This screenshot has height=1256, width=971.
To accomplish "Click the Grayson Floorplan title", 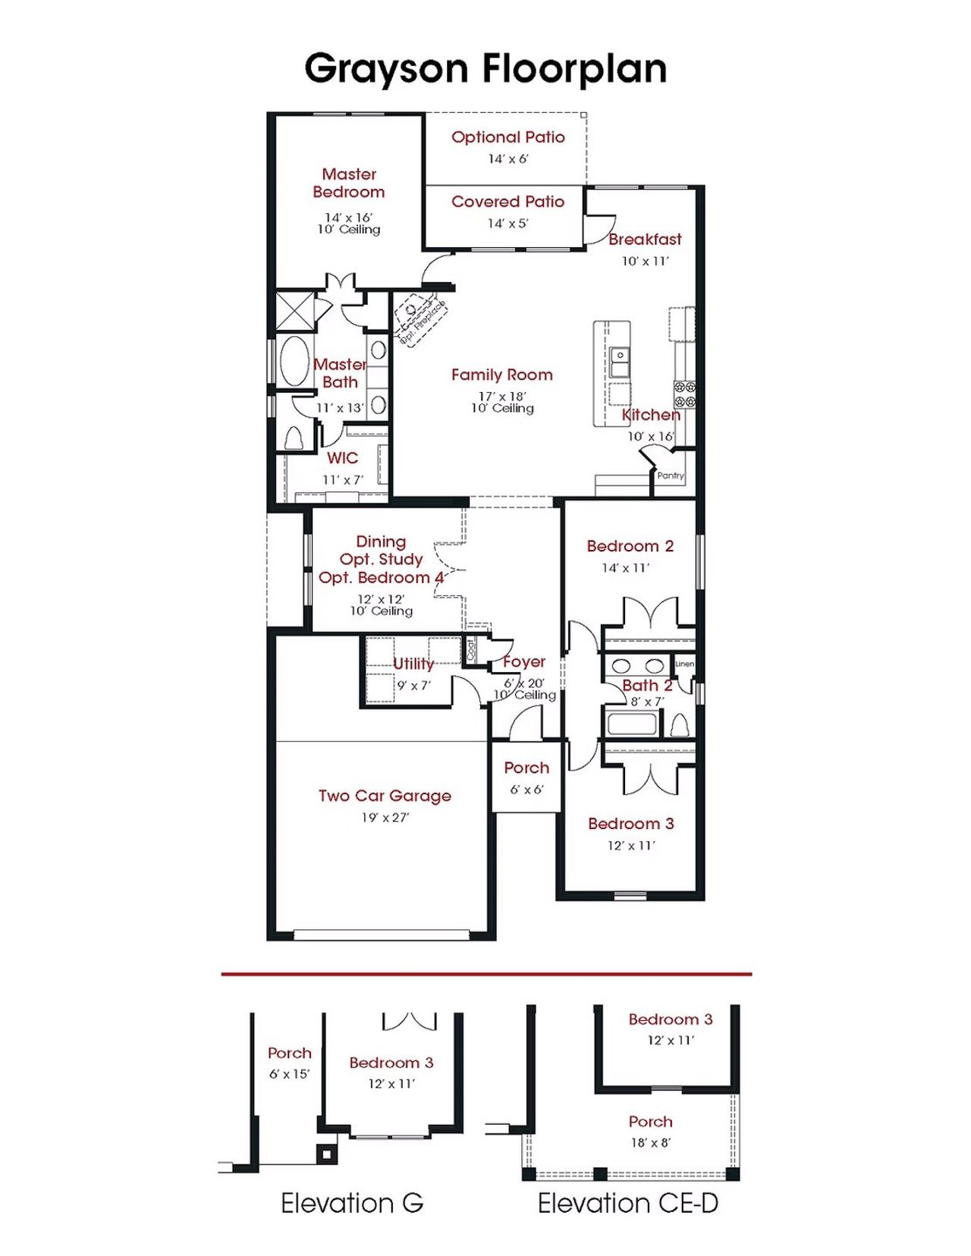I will [485, 69].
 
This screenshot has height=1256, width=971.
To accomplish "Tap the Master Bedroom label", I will [349, 183].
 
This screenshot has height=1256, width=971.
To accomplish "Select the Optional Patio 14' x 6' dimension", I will [507, 159].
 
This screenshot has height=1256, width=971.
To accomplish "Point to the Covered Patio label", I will [507, 202].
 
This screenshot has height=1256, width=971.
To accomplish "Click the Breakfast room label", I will [645, 240].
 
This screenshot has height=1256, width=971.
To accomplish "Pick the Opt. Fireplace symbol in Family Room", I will [420, 318].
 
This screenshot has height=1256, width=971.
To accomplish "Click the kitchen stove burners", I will [685, 394].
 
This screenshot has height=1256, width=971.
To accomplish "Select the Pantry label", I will [671, 476].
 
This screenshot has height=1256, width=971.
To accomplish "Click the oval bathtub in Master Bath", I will [294, 361].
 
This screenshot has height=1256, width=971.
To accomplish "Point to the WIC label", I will [342, 458].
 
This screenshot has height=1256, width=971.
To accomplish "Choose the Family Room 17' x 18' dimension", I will [502, 396].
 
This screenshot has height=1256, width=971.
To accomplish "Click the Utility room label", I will [413, 664].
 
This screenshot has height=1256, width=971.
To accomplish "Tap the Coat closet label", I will [470, 649].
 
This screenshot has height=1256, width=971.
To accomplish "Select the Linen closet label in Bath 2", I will [684, 664].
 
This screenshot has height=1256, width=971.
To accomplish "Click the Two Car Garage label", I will [385, 796].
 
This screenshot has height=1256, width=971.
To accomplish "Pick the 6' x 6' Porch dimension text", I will [526, 790].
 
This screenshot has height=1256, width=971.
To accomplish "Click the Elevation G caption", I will [352, 1203].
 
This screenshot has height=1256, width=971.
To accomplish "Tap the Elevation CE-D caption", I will [628, 1203].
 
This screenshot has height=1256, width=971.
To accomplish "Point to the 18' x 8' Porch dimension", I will [650, 1142].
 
